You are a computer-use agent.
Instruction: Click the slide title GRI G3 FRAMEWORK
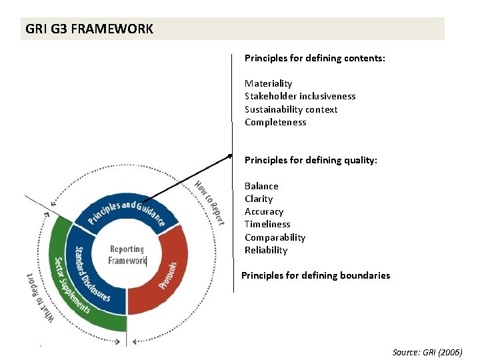[x=89, y=29]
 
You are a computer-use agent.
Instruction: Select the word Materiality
[x=268, y=83]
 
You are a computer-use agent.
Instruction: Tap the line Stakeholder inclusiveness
[x=300, y=96]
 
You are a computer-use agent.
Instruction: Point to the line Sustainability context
[x=291, y=109]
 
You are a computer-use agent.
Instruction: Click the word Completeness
[x=275, y=122]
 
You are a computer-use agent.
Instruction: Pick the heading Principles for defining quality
[x=311, y=160]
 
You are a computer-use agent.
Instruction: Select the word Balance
[x=261, y=186]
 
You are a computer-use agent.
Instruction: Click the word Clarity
[x=259, y=199]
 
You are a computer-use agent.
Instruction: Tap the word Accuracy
[x=264, y=211]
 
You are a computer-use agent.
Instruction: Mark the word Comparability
[x=275, y=237]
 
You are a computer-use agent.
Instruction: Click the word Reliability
[x=266, y=250]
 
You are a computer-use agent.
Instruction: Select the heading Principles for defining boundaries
[x=315, y=275]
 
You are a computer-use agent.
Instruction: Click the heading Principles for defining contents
[x=315, y=58]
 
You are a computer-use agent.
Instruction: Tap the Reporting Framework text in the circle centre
[x=127, y=255]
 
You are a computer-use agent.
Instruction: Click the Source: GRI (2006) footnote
[x=427, y=352]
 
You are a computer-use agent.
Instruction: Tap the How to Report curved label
[x=209, y=201]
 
